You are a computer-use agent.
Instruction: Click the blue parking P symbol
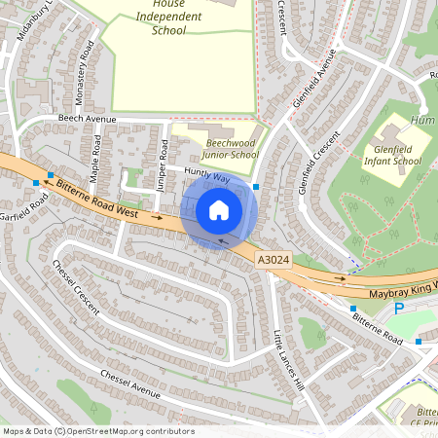398,309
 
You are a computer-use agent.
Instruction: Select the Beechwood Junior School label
232,149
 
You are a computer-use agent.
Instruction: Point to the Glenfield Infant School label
397,155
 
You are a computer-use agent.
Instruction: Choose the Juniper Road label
163,165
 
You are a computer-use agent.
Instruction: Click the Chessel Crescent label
77,285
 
